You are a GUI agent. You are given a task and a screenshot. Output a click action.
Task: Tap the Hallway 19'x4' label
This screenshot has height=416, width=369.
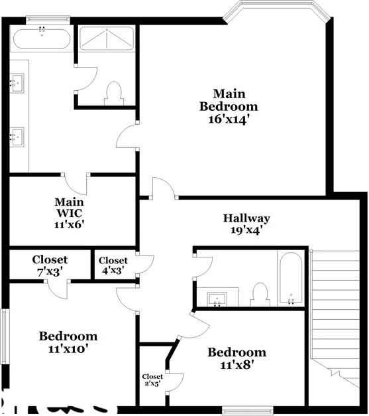click(246, 224)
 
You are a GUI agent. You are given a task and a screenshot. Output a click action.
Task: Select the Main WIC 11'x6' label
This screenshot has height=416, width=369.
click(69, 212)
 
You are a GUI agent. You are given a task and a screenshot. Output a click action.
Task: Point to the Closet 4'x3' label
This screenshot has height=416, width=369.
click(113, 265)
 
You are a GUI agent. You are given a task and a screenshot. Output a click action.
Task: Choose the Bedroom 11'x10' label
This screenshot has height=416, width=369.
click(68, 342)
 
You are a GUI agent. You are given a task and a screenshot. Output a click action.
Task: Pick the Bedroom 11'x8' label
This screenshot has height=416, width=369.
click(237, 358)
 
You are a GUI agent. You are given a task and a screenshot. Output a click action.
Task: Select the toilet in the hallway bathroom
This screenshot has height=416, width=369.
click(260, 295)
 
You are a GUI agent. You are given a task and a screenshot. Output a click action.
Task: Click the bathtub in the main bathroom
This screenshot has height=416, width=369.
click(42, 39)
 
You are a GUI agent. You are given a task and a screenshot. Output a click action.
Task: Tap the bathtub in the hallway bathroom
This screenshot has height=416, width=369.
click(291, 279)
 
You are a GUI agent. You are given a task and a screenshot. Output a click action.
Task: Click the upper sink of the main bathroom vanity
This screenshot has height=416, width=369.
click(18, 83)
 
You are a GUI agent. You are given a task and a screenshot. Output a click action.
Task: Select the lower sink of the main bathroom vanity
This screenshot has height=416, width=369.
click(18, 137)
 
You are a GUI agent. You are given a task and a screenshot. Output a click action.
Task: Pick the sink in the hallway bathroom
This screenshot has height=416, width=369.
click(218, 299)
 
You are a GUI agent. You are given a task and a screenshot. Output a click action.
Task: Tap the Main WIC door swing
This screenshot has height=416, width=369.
click(79, 183)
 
